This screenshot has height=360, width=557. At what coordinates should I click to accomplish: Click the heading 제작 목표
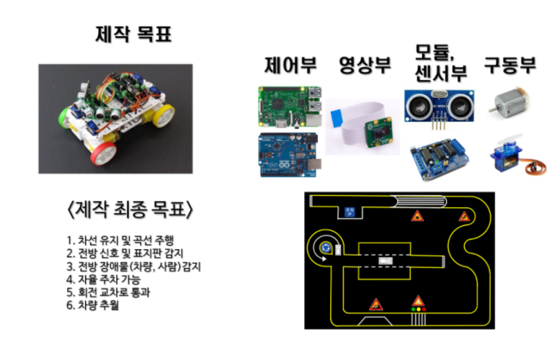point(134,34)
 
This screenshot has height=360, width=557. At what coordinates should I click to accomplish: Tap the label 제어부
point(288,66)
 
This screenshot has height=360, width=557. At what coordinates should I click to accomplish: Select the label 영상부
point(365,66)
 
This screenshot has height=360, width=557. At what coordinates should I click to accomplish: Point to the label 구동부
point(510,66)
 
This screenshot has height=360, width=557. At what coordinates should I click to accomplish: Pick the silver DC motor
point(511,102)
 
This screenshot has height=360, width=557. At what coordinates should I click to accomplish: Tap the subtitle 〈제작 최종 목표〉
point(129,211)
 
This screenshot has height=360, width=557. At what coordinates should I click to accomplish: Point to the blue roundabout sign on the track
point(326,248)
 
